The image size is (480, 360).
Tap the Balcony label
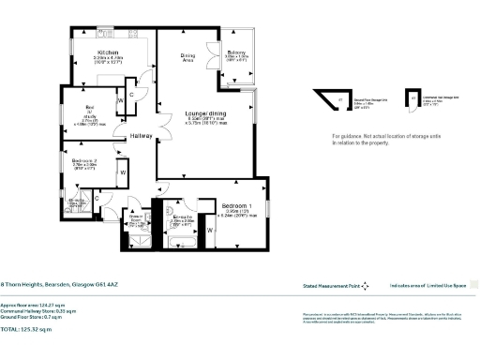point(236,52)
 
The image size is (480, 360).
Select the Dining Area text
point(188,58)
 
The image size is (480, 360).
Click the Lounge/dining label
point(202,112)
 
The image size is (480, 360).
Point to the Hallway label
point(142,135)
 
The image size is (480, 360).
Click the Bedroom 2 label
point(84,160)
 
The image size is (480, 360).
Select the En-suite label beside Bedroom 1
point(182,217)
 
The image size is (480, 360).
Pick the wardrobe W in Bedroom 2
point(123,172)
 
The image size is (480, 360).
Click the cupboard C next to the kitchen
point(132,95)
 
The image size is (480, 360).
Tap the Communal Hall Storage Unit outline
point(411,97)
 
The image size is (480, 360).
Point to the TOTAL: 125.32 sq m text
point(29,330)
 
